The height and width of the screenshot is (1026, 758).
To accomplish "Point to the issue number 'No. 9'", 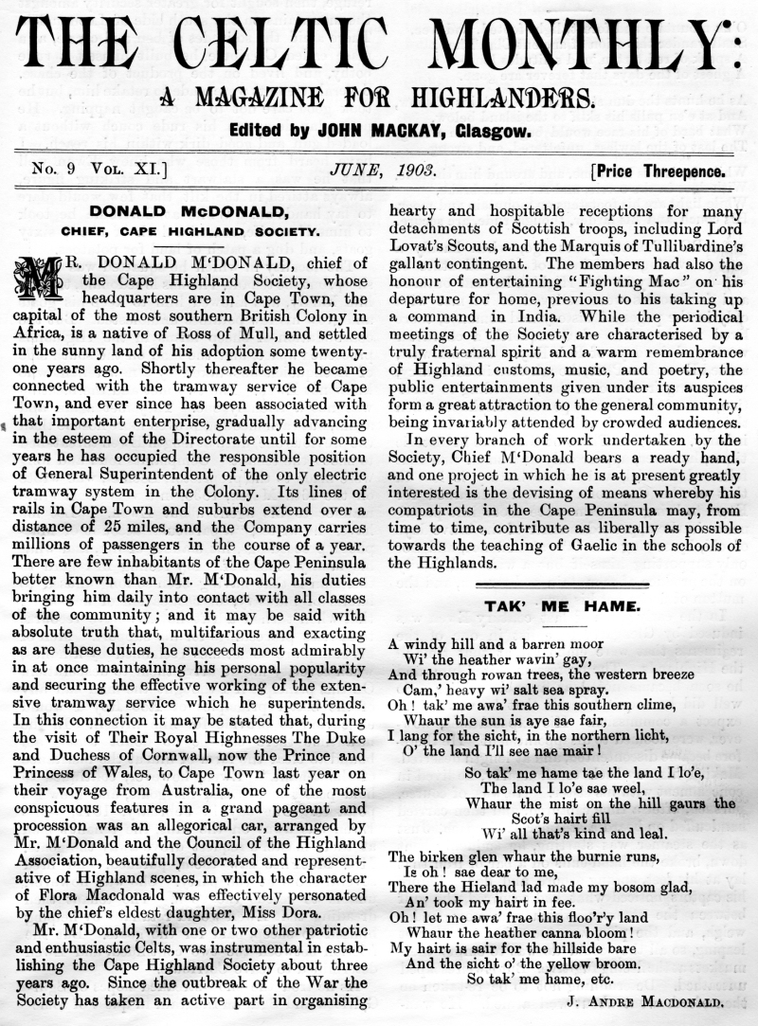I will point(54,171).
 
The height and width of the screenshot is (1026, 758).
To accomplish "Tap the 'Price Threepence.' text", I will point(659,171).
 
